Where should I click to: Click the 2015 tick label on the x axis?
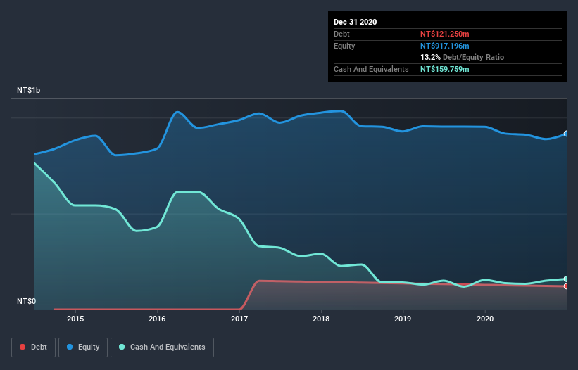(x=75, y=319)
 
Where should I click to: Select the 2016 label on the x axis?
(x=157, y=319)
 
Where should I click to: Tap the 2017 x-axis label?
(x=239, y=319)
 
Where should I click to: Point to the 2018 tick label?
(x=321, y=319)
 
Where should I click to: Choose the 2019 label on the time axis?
(x=403, y=319)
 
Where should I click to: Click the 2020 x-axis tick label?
(x=485, y=319)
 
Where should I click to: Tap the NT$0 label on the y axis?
(x=27, y=302)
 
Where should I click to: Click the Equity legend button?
(x=83, y=347)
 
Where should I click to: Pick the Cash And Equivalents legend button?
(x=162, y=347)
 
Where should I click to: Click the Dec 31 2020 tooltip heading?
(x=355, y=22)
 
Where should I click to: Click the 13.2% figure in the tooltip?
(x=430, y=57)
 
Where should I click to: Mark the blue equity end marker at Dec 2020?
(x=566, y=133)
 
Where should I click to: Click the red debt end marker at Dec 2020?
(x=566, y=286)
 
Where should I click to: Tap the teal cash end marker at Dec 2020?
(x=566, y=279)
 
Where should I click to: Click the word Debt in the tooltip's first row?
(x=343, y=34)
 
